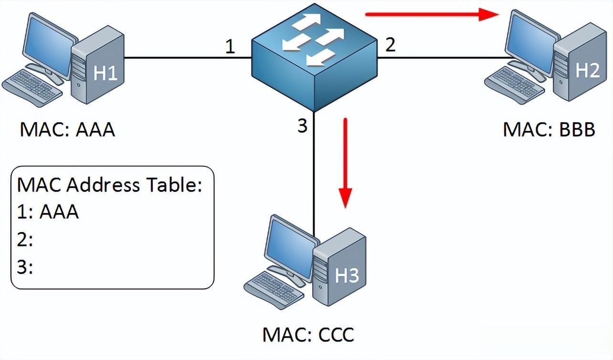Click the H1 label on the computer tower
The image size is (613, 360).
click(105, 74)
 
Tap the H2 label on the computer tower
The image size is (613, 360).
click(587, 71)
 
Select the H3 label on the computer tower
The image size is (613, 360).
click(347, 275)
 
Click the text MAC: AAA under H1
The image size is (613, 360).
click(67, 129)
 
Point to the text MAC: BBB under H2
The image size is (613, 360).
click(549, 129)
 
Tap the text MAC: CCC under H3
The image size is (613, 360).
click(308, 334)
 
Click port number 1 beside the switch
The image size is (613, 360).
click(230, 47)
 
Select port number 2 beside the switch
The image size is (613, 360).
click(390, 45)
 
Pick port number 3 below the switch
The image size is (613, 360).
click(302, 127)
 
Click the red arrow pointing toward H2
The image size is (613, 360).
click(432, 15)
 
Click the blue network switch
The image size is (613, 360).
click(314, 60)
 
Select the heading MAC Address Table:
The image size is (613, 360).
click(110, 185)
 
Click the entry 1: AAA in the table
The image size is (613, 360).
click(48, 212)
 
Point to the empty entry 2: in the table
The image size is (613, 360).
click(25, 240)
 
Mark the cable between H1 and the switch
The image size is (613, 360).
click(186, 58)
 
